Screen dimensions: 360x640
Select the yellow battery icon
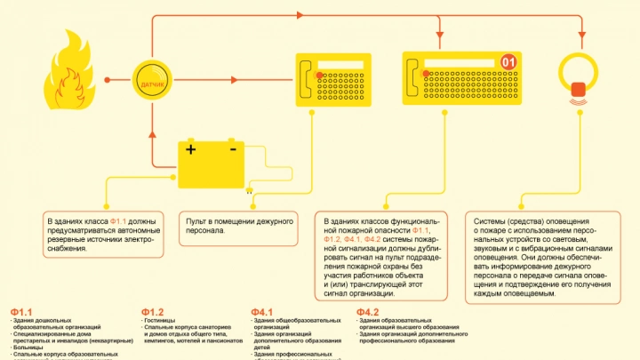click(x=212, y=162)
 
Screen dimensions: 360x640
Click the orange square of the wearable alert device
click(x=579, y=89)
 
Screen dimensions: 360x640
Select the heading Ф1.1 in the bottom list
click(x=21, y=312)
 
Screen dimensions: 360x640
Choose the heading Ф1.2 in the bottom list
click(x=152, y=312)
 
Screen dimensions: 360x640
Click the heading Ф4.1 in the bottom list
click(x=262, y=312)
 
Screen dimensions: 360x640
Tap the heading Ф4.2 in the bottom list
click(x=368, y=312)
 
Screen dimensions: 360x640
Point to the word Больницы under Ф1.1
click(x=28, y=348)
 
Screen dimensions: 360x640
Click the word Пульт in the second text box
click(x=196, y=220)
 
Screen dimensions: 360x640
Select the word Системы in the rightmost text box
click(x=493, y=220)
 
